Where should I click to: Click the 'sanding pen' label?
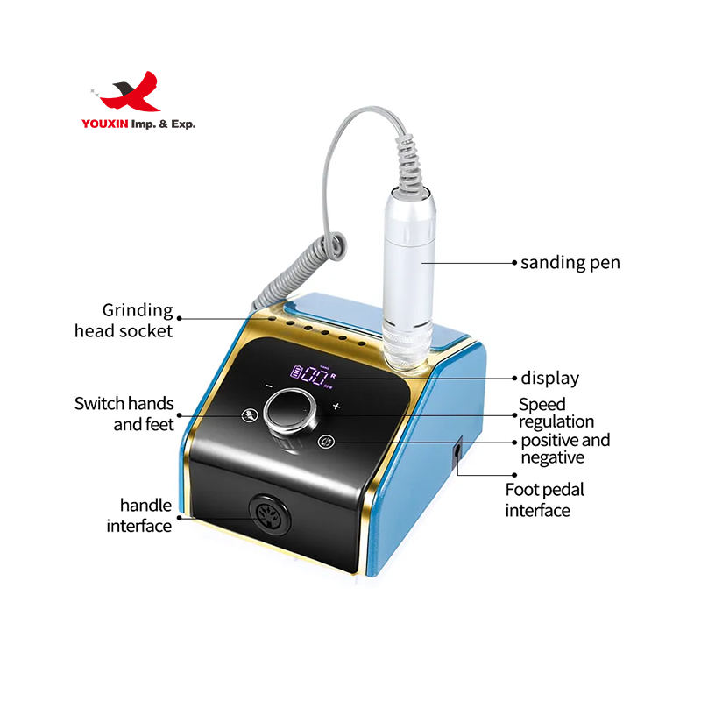point(570,262)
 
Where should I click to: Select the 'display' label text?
point(550,379)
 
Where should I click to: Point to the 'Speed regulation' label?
point(556,413)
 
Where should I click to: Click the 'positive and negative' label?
point(565,449)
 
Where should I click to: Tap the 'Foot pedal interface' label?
point(544,499)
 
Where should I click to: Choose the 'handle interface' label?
point(139,515)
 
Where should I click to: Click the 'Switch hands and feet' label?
point(124,414)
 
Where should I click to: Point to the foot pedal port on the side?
point(457,453)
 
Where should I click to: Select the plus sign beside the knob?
point(336,407)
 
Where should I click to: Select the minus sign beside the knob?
point(268,386)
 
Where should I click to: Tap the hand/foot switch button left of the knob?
point(250,417)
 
